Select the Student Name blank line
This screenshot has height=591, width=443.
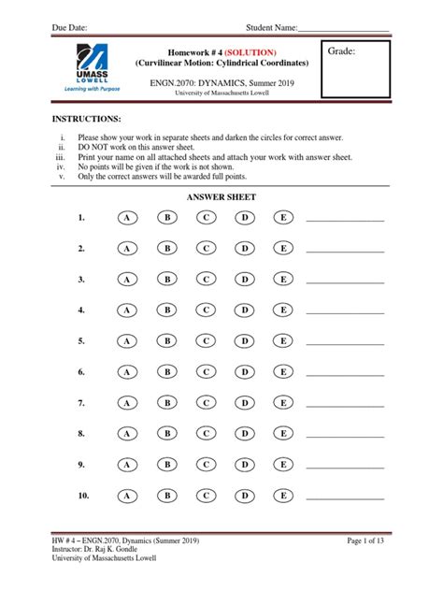[x=343, y=28]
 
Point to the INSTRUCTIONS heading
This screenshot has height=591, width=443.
[x=86, y=121]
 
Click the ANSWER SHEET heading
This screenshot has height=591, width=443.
[x=221, y=197]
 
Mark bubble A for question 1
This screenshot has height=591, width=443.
[x=126, y=218]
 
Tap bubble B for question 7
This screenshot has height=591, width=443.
[x=165, y=403]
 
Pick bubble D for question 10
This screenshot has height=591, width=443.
[x=244, y=496]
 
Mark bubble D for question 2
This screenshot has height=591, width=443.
[x=244, y=249]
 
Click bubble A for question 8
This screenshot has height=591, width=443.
[x=126, y=434]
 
